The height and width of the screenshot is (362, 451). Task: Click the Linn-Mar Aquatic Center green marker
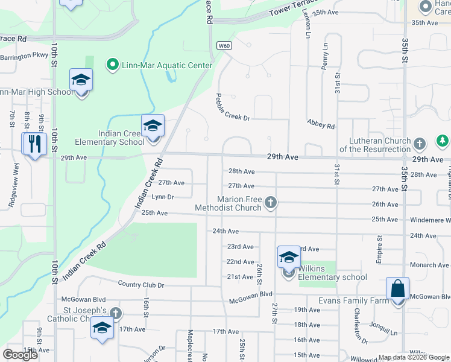pos(112,65)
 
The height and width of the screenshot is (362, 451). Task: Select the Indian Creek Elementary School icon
pos(153,127)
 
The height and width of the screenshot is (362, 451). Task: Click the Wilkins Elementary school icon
pos(289,259)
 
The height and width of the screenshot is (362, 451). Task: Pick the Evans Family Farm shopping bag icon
pos(398,290)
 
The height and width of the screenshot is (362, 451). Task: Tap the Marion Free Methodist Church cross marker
pos(271,202)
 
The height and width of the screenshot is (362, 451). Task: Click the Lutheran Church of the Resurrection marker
pos(420,144)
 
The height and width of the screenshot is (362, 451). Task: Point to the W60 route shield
pos(224,45)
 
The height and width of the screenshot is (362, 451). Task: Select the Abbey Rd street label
pos(320,124)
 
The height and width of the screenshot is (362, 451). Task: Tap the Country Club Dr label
pos(141,284)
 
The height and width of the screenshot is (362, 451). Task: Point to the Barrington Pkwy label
pos(24,56)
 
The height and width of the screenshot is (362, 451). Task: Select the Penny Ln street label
pos(325,58)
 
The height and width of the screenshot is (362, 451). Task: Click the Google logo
pos(20,355)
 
